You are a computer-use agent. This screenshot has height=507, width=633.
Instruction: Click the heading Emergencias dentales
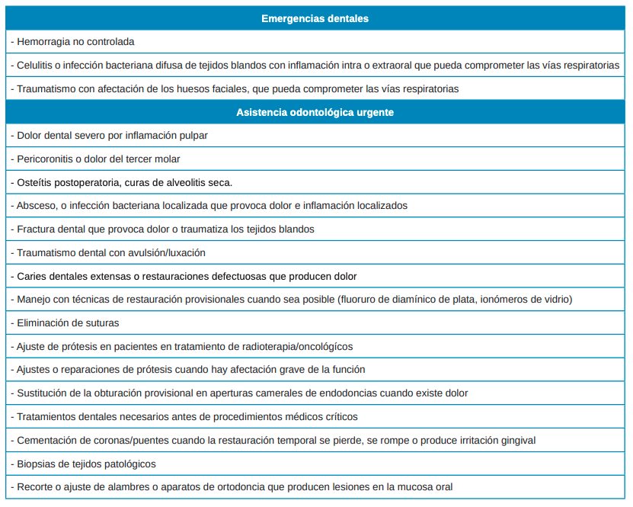tap(315, 18)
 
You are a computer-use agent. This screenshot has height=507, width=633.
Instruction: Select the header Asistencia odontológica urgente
tap(315, 112)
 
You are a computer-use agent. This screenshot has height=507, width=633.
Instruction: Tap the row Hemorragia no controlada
tap(75, 42)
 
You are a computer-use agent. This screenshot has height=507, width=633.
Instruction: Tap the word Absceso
tap(36, 206)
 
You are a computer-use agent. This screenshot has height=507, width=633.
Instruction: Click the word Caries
tap(32, 276)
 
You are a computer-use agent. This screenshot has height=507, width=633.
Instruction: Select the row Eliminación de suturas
tap(68, 323)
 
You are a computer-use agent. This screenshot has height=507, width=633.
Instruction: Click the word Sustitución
tap(43, 393)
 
